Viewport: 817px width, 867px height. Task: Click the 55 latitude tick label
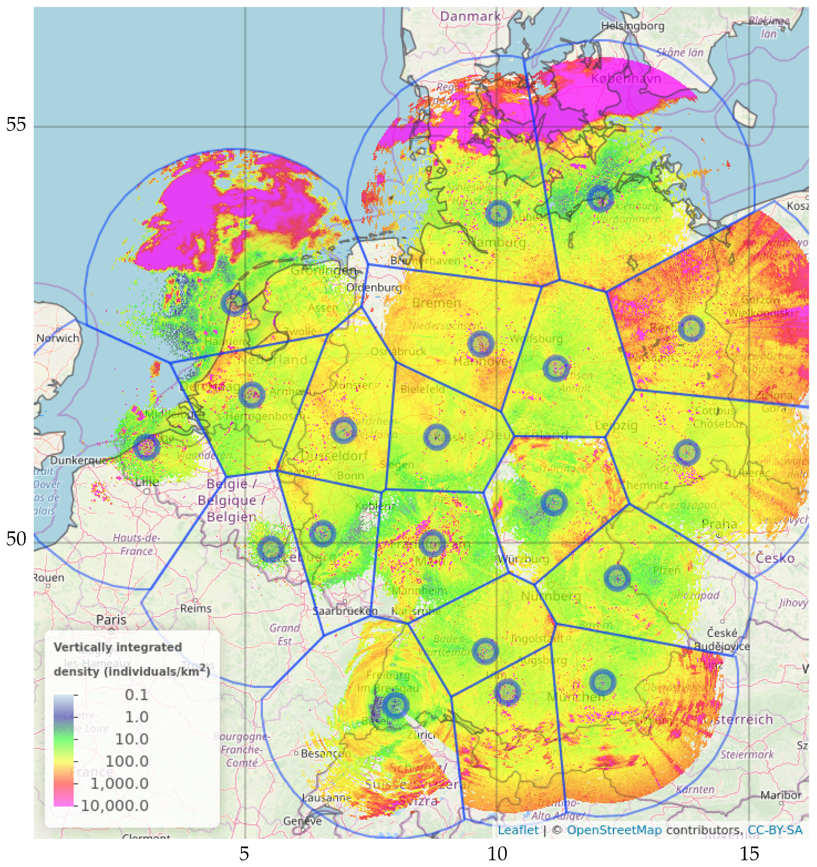[16, 125]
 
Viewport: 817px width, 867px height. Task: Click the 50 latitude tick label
[16, 539]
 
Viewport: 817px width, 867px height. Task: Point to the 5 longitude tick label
[244, 854]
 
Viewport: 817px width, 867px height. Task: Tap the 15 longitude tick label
[749, 854]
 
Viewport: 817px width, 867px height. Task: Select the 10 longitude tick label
[497, 854]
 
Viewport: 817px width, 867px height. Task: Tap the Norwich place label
[57, 338]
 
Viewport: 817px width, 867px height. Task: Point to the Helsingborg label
[632, 26]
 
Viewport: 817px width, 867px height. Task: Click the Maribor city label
[781, 795]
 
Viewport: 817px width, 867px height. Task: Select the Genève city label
[302, 821]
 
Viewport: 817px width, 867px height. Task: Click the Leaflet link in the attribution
[518, 830]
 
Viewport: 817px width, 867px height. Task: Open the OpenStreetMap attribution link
[614, 830]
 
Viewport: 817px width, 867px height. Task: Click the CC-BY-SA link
[775, 830]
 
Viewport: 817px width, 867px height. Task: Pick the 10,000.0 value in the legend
[114, 806]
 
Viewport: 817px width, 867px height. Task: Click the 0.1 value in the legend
[136, 695]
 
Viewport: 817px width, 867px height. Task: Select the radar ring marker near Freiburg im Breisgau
[395, 705]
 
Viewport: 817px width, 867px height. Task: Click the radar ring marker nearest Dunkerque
[147, 447]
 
